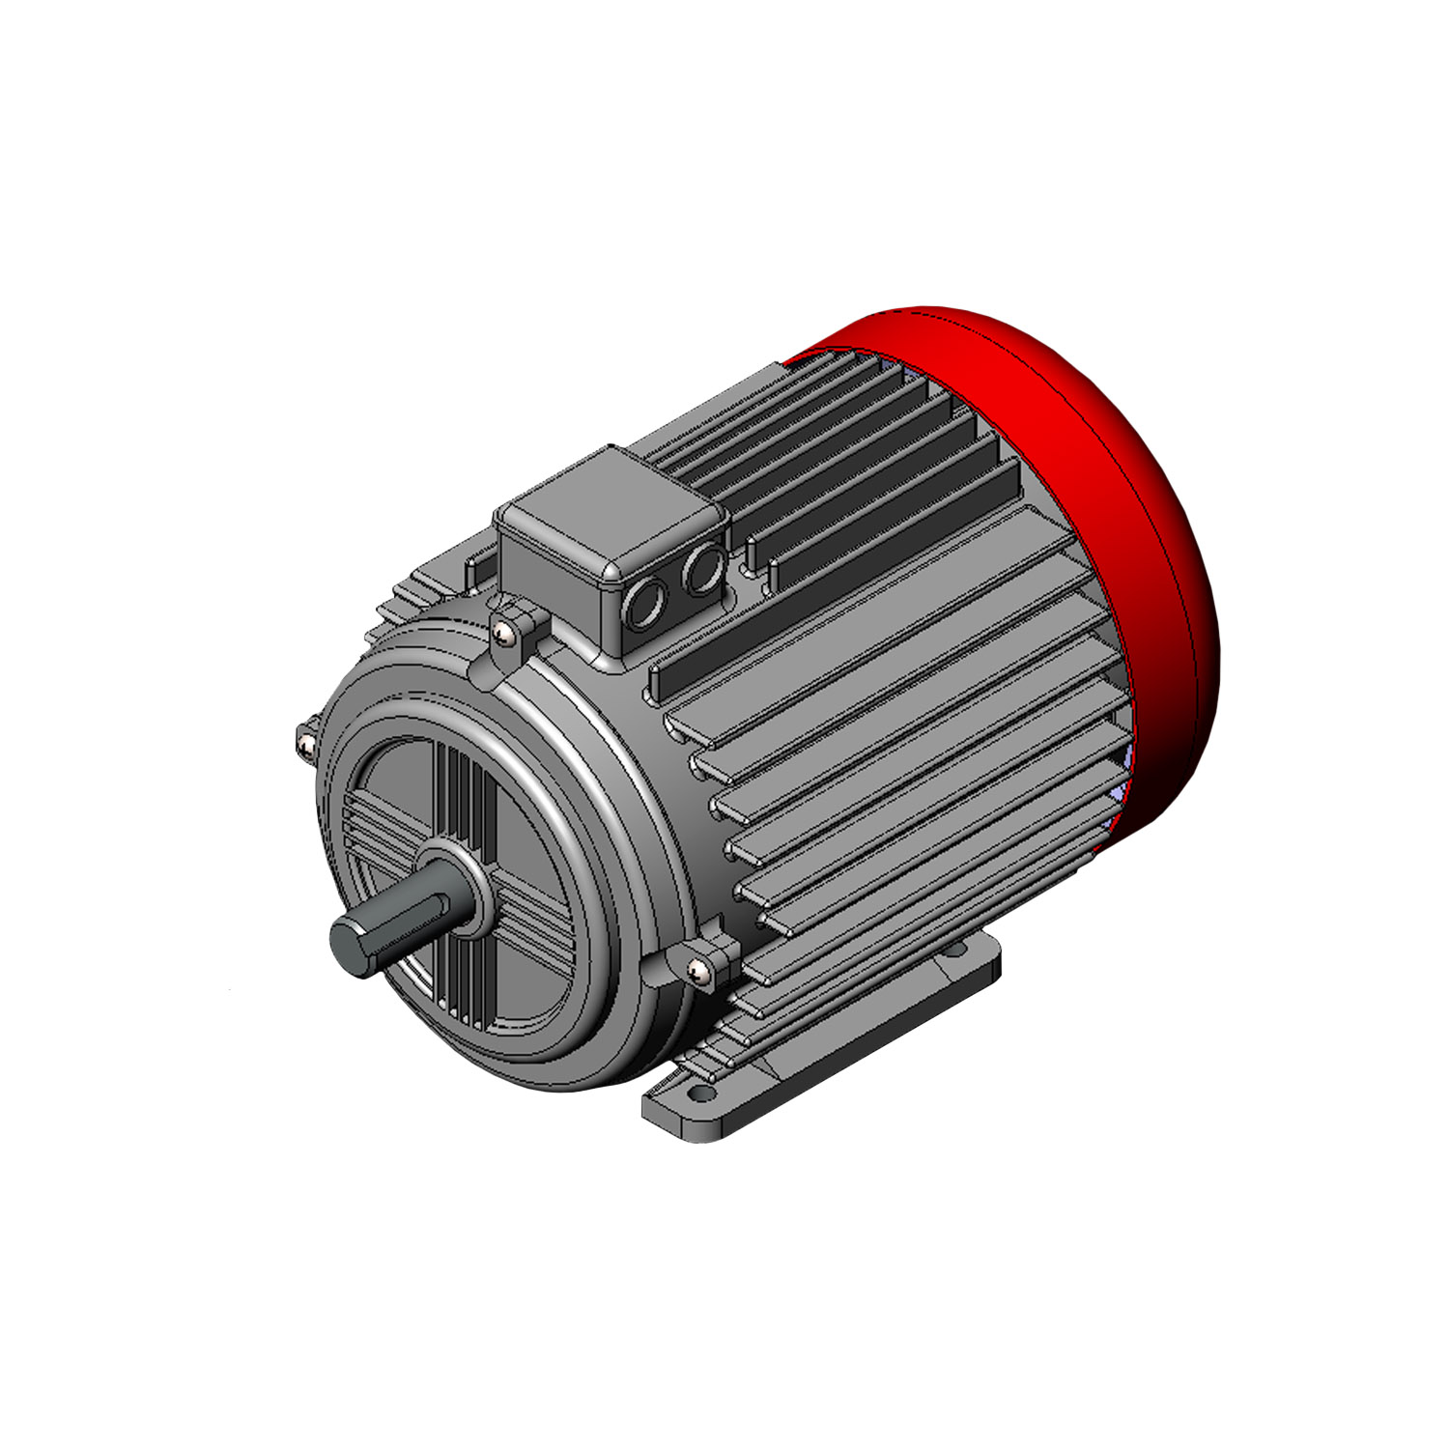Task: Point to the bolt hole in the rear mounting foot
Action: (956, 951)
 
